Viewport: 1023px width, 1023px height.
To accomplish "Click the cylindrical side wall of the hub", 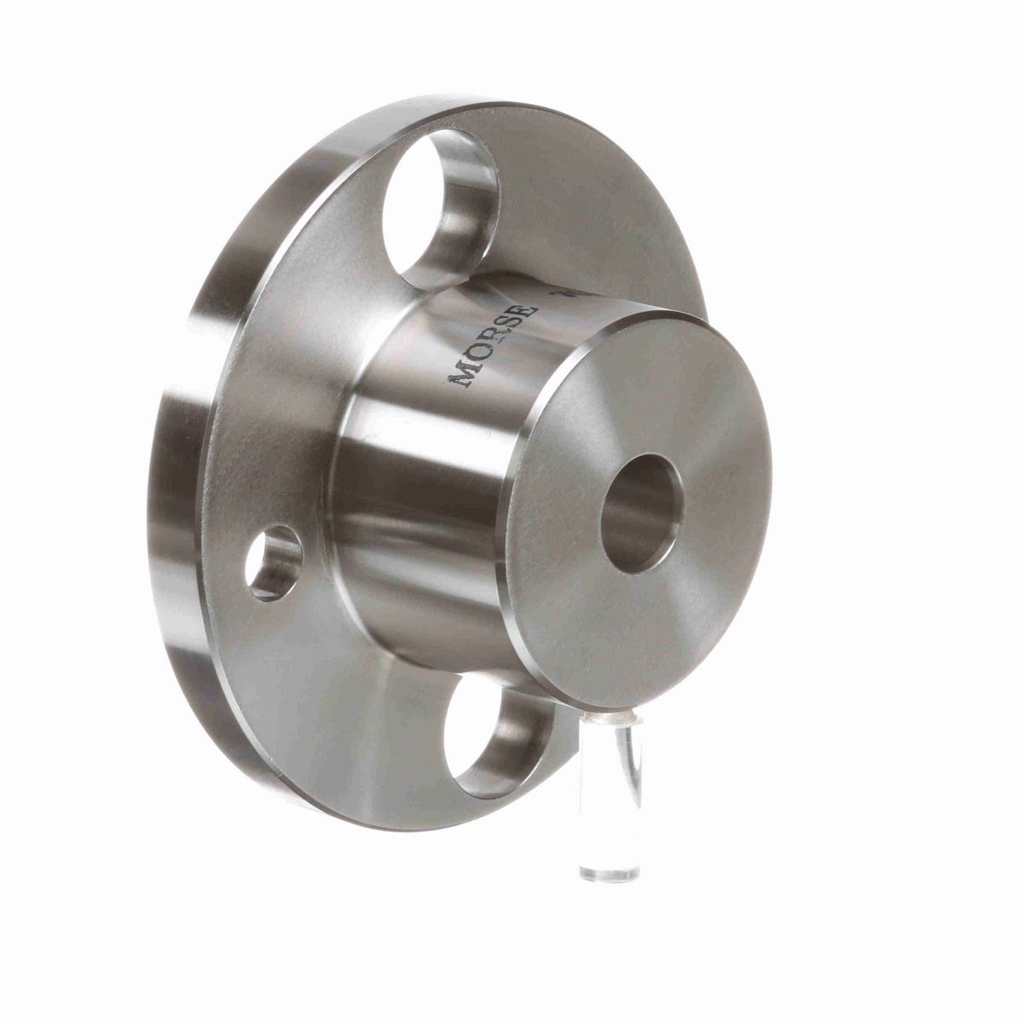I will [x=401, y=477].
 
